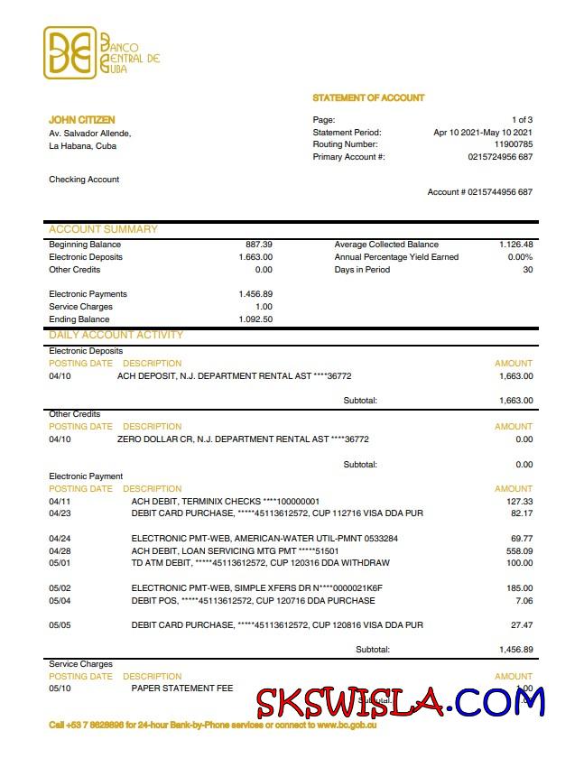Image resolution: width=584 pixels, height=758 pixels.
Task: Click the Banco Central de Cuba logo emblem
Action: coord(70,53)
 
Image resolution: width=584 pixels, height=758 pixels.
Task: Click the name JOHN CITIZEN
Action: coord(81,120)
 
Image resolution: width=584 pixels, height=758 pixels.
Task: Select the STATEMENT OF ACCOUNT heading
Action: coord(368,97)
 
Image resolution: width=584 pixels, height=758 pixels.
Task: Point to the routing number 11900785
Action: coord(513,144)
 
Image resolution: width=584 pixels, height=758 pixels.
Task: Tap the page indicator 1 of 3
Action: coord(522,120)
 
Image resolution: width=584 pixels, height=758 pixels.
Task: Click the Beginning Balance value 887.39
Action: coord(259,245)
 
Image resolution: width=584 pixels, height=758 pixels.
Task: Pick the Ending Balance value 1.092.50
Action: coord(255,319)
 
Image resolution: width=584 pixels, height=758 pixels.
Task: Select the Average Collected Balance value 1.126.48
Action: coord(515,245)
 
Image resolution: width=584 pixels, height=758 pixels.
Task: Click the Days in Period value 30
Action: coord(527,270)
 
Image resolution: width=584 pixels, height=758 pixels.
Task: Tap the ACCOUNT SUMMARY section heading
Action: coord(103,229)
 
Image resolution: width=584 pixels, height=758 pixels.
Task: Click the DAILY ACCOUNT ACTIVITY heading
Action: coord(116,335)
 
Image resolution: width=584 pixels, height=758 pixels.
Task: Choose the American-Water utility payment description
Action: coord(264,538)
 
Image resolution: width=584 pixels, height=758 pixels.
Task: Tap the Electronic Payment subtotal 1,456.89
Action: coord(515,650)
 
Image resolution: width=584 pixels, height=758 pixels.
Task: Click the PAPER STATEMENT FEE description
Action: coord(182,689)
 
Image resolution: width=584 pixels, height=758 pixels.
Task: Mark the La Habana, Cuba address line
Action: coord(82,145)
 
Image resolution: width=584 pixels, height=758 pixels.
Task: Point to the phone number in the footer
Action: coord(96,725)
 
